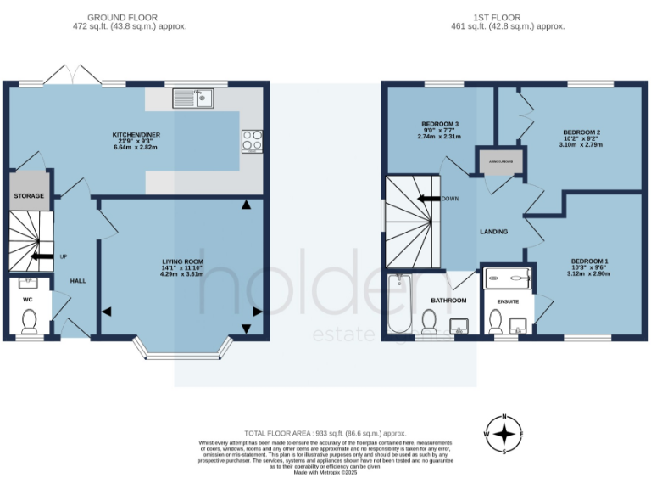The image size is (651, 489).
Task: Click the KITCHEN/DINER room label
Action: click(136, 135)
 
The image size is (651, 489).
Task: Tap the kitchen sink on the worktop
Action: click(193, 99)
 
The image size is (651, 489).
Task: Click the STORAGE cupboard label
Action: click(28, 196)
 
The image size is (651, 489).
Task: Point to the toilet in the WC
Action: click(30, 320)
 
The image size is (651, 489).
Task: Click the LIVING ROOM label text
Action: click(183, 261)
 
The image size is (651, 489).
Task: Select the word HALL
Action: click(78, 281)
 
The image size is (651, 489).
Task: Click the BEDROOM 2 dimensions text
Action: click(582, 145)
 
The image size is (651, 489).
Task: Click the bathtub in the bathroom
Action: click(398, 305)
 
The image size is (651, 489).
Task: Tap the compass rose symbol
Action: click(504, 434)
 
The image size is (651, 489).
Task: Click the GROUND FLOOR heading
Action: click(129, 17)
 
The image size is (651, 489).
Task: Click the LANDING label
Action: click(493, 232)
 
